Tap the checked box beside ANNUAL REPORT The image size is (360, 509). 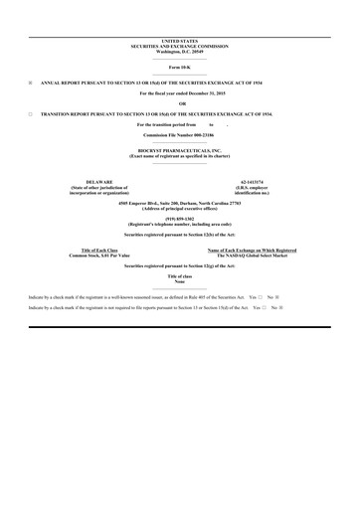pos(31,83)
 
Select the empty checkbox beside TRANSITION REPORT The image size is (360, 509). pos(31,115)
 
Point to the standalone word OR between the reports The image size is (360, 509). pos(180,104)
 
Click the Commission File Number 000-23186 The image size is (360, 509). pos(180,133)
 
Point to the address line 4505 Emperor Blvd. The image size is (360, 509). pos(180,202)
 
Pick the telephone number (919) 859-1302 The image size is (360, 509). pos(180,220)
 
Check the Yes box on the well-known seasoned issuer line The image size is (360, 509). pos(260,297)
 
